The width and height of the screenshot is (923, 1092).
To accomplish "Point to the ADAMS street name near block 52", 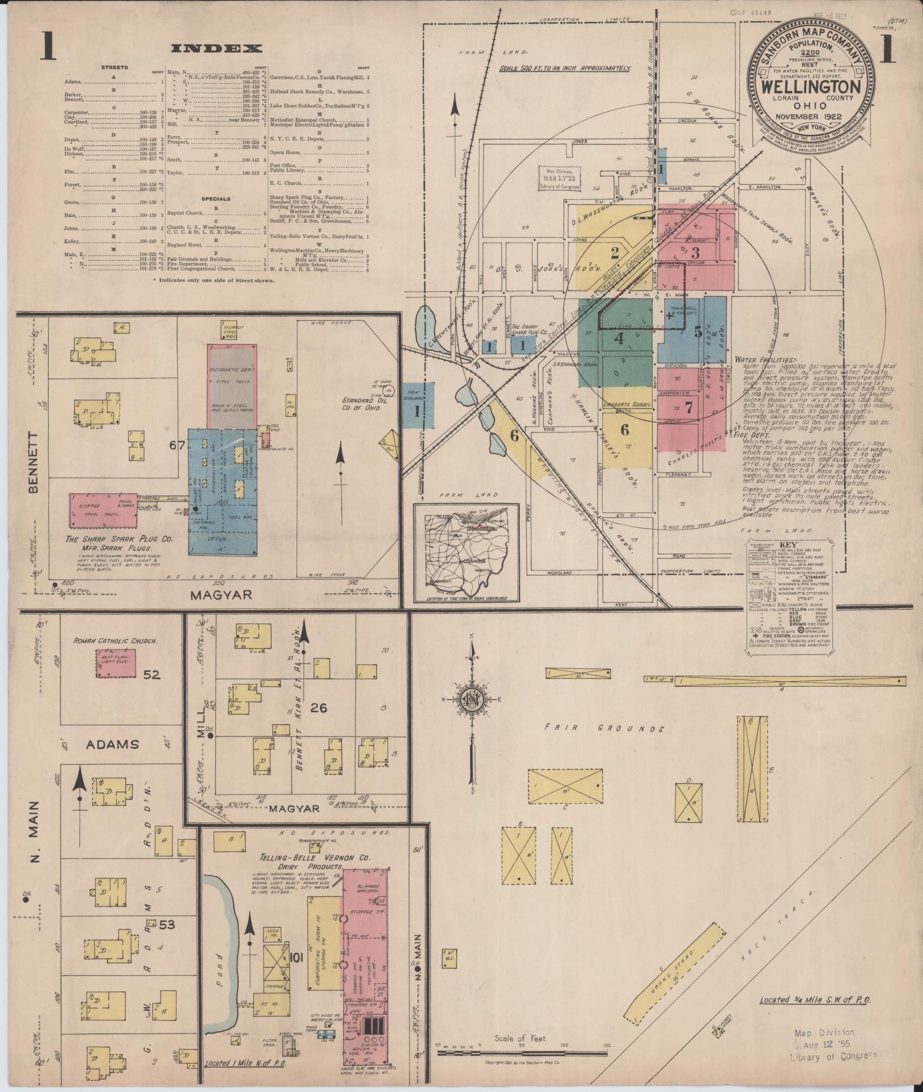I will click(112, 743).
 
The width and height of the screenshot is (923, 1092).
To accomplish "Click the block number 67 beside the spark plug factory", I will click(177, 445).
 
